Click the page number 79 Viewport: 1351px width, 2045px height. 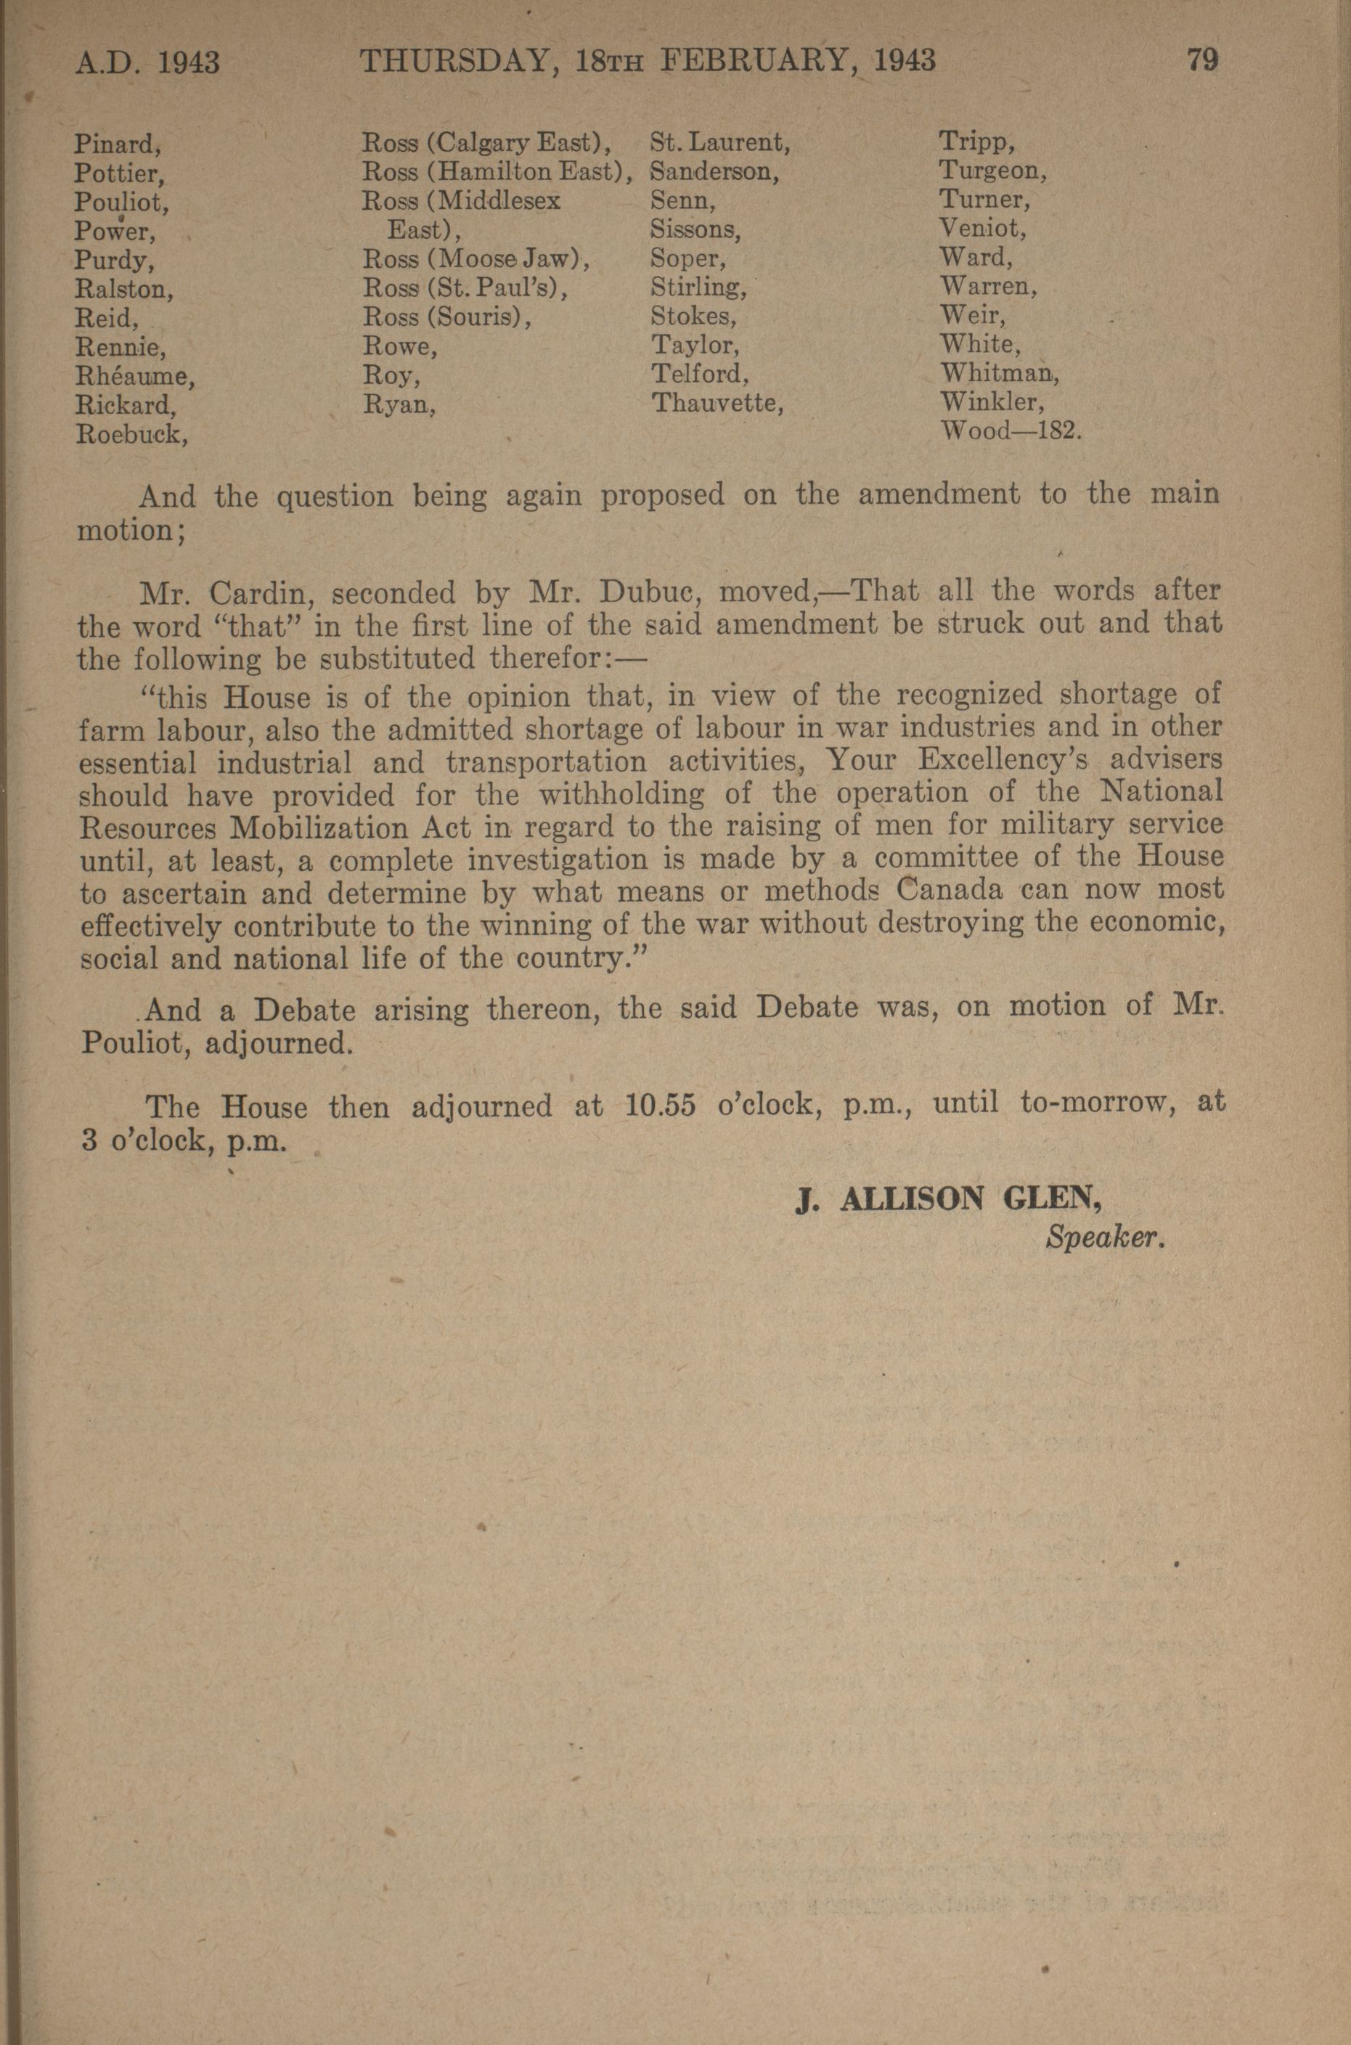coord(1202,60)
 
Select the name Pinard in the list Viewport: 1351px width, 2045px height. coord(112,143)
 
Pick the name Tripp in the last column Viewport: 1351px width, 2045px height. coord(974,142)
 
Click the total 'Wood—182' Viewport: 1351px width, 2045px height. coord(1009,430)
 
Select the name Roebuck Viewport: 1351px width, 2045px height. coord(131,433)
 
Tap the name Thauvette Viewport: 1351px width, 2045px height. coord(716,402)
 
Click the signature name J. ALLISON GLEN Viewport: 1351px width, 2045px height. coord(950,1200)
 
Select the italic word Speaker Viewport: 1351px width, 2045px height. coord(1105,1238)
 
